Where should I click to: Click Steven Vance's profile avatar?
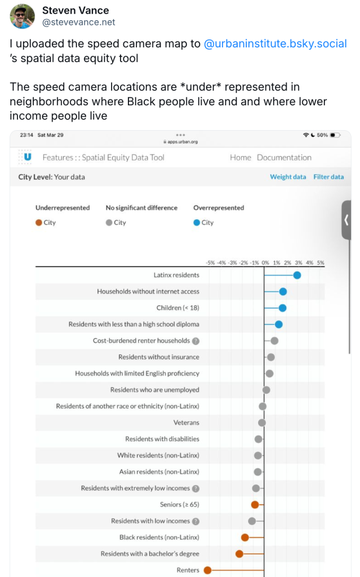tap(22, 16)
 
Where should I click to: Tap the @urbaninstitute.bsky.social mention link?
tap(275, 43)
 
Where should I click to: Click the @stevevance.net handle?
tap(78, 22)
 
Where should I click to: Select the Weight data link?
tap(288, 177)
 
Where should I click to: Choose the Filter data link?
tap(328, 177)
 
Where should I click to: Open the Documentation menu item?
tap(284, 158)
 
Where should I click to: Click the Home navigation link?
tap(241, 158)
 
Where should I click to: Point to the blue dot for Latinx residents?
tap(297, 275)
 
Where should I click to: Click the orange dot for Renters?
tap(207, 570)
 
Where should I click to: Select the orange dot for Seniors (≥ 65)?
tap(255, 505)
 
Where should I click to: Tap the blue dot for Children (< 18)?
tap(283, 308)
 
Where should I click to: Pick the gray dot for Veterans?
tap(262, 423)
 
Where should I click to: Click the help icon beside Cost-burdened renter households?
tap(195, 341)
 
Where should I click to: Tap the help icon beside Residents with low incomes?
tap(195, 521)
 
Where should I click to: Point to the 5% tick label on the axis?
tap(320, 263)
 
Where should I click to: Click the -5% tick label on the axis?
tap(210, 263)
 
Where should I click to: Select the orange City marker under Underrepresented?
tap(38, 223)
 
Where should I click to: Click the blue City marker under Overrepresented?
tap(197, 223)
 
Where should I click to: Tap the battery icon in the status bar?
tap(335, 135)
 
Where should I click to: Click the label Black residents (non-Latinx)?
tap(159, 538)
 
